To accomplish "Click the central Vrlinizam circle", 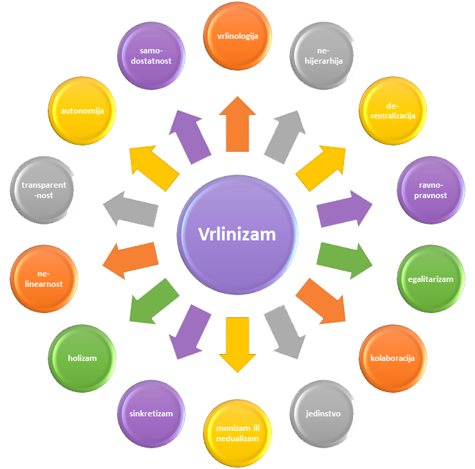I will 238,234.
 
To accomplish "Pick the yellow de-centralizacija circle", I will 393,110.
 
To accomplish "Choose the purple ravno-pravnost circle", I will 431,191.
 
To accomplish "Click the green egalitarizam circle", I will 431,279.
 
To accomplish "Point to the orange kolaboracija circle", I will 393,358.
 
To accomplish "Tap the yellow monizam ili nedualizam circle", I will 238,432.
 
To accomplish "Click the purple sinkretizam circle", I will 151,414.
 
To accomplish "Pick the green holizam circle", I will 82,358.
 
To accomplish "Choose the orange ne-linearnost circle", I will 44,278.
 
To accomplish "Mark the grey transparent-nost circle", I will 43,191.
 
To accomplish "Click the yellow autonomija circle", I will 82,110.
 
